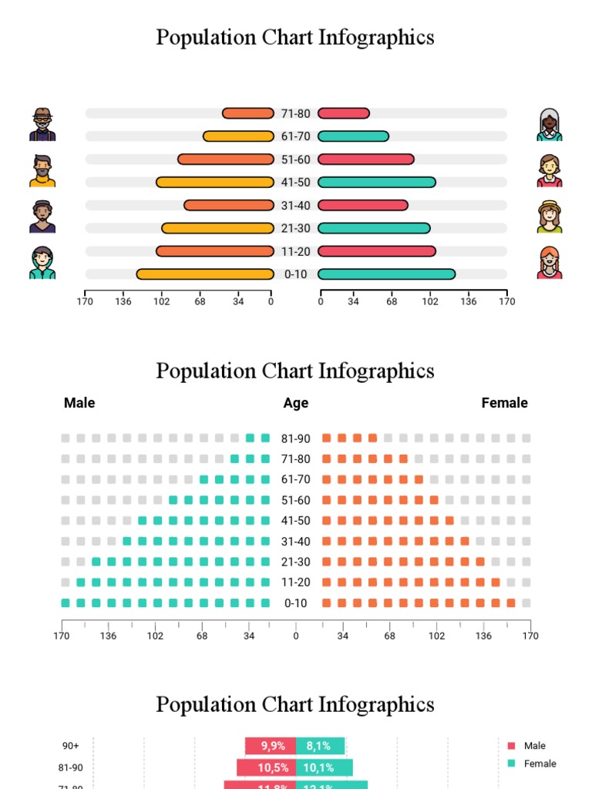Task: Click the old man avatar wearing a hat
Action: (x=42, y=124)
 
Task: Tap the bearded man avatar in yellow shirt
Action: (x=42, y=170)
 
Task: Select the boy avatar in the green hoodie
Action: (x=42, y=263)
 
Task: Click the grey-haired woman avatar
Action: (x=549, y=125)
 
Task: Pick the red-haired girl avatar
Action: (x=549, y=263)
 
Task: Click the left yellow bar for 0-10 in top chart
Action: (x=205, y=274)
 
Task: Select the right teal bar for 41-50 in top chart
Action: (x=376, y=183)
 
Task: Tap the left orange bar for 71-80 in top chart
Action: (x=248, y=113)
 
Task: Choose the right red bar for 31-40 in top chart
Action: (x=362, y=206)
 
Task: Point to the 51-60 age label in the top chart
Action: (x=295, y=159)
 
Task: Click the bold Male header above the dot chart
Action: (x=79, y=403)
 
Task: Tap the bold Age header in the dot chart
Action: (x=295, y=403)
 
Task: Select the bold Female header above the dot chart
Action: (x=504, y=403)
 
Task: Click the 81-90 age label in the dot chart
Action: (x=295, y=439)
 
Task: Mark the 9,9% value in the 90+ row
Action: (x=273, y=746)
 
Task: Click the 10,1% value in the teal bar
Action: (x=318, y=767)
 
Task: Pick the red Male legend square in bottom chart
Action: (x=511, y=746)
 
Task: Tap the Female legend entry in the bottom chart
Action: (x=540, y=764)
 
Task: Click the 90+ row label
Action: (x=71, y=746)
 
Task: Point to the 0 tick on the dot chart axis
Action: (x=295, y=636)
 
